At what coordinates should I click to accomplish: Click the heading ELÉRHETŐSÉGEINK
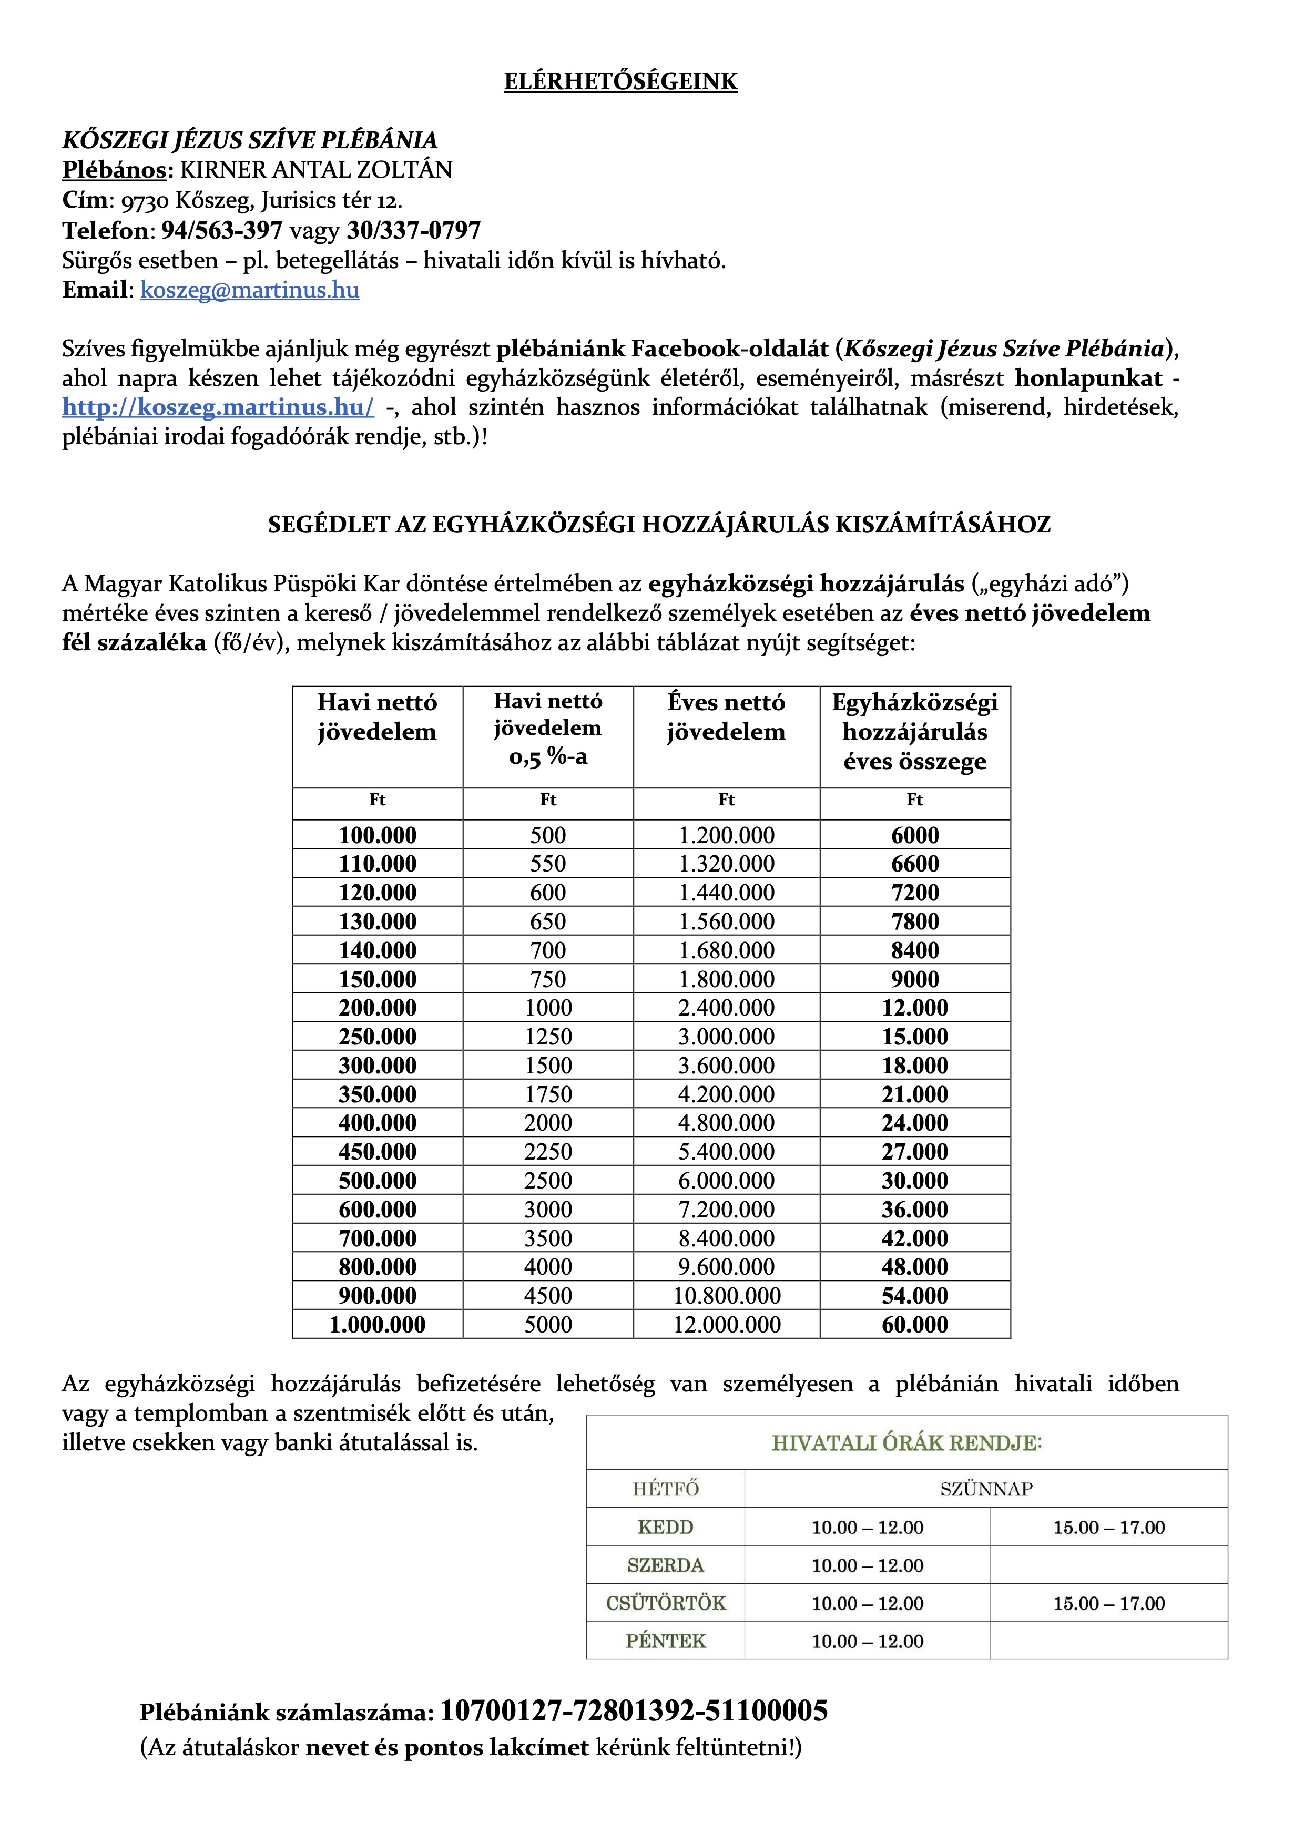pyautogui.click(x=620, y=82)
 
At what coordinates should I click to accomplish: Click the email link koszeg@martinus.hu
pyautogui.click(x=249, y=290)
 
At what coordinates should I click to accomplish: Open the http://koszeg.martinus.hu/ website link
pyautogui.click(x=218, y=407)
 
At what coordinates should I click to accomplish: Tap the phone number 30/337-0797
pyautogui.click(x=414, y=230)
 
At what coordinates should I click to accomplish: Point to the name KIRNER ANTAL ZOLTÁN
pyautogui.click(x=316, y=170)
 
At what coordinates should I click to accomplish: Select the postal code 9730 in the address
pyautogui.click(x=145, y=201)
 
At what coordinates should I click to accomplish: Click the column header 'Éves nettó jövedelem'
pyautogui.click(x=726, y=717)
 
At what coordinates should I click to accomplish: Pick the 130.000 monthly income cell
pyautogui.click(x=378, y=921)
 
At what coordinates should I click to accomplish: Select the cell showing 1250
pyautogui.click(x=548, y=1037)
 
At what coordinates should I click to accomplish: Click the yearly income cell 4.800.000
pyautogui.click(x=726, y=1123)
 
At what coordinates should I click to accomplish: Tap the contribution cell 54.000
pyautogui.click(x=914, y=1295)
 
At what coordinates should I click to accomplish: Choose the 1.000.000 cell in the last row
pyautogui.click(x=378, y=1324)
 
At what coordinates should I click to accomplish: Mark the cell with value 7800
pyautogui.click(x=914, y=921)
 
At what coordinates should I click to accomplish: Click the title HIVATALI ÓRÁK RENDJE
pyautogui.click(x=906, y=1443)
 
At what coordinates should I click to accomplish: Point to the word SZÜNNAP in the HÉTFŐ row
pyautogui.click(x=986, y=1489)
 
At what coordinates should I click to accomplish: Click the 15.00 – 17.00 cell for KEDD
pyautogui.click(x=1109, y=1528)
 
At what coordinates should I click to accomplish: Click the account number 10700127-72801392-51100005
pyautogui.click(x=634, y=1712)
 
